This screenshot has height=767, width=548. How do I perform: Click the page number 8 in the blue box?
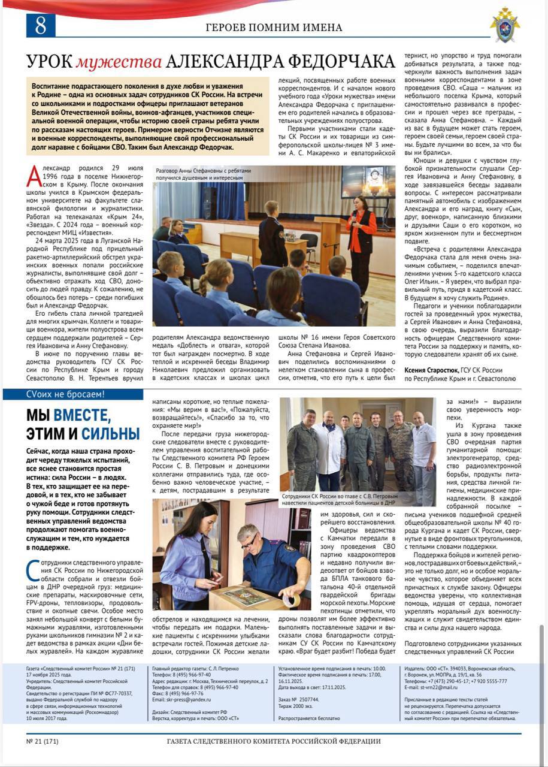click(x=41, y=25)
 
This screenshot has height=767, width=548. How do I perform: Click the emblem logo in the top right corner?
click(x=505, y=25)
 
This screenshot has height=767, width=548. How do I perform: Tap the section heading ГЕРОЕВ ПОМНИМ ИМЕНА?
click(x=274, y=28)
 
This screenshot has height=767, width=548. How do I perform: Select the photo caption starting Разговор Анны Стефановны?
click(x=204, y=174)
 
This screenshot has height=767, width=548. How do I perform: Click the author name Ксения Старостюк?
click(x=429, y=370)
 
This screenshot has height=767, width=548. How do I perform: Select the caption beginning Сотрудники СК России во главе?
click(x=358, y=500)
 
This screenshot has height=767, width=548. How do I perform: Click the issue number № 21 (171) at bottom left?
click(x=43, y=741)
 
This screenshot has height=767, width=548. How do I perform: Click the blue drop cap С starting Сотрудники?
click(x=32, y=570)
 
